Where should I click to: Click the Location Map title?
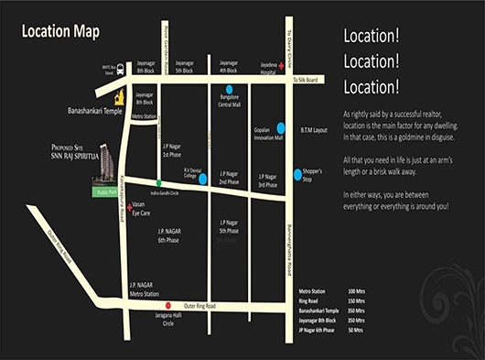(61, 31)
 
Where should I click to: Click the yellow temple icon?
(118, 97)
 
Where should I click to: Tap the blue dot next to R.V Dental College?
(202, 178)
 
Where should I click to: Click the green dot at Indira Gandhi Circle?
(159, 183)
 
